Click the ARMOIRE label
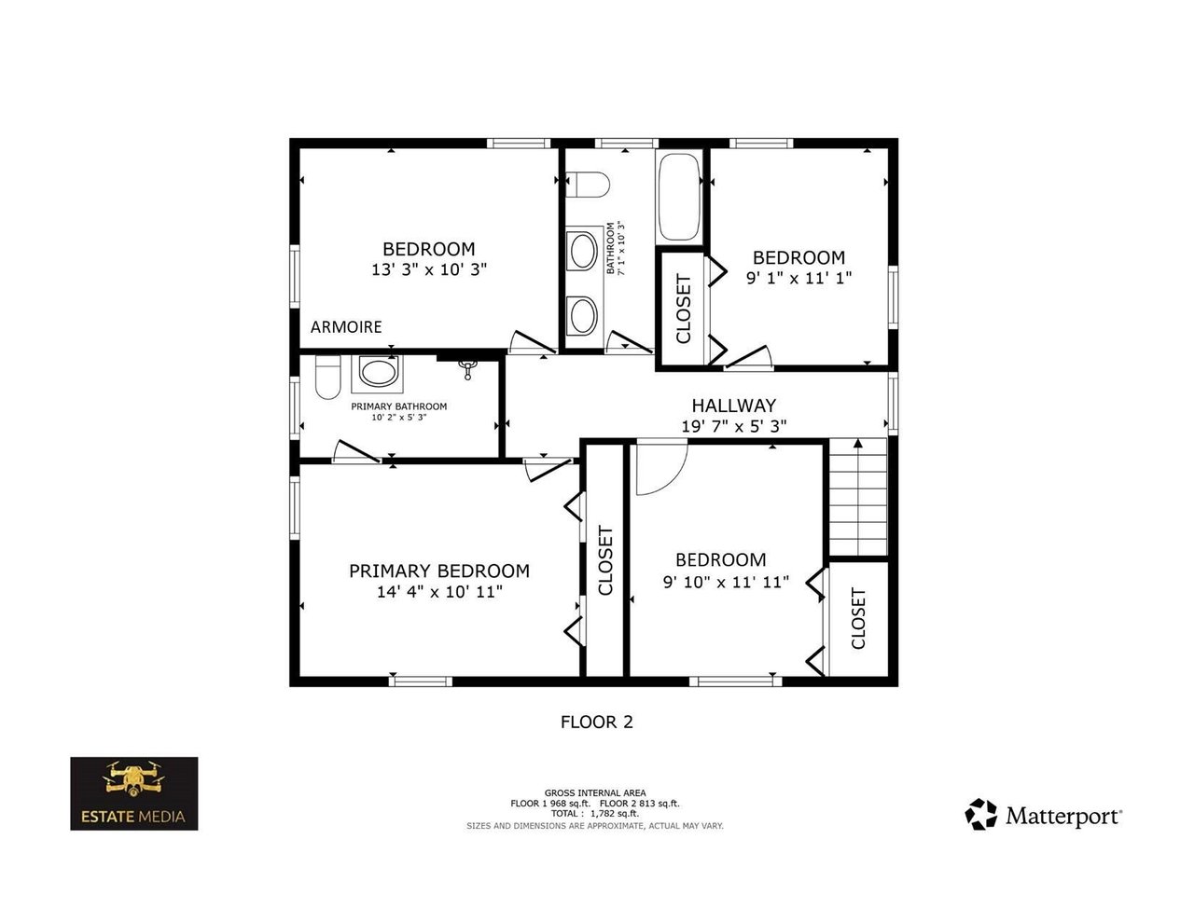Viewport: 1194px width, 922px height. (346, 327)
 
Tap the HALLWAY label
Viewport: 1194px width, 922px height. (733, 406)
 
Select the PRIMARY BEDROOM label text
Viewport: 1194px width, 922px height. (439, 571)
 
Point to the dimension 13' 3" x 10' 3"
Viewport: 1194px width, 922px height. (429, 269)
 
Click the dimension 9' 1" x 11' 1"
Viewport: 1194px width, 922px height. (798, 278)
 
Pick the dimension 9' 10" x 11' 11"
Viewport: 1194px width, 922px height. (726, 582)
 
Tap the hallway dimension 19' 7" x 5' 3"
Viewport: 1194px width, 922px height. (734, 426)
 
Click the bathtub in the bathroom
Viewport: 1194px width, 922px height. (679, 197)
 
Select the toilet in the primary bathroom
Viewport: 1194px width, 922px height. (328, 377)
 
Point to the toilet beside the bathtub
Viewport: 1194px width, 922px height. (588, 184)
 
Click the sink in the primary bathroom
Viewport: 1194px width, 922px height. (377, 372)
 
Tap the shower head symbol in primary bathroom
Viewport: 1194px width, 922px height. (467, 370)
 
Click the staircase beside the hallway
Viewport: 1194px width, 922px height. (857, 497)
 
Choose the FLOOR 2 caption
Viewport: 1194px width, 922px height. (597, 722)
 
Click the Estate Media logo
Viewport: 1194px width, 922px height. (134, 793)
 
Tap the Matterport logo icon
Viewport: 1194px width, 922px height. (980, 814)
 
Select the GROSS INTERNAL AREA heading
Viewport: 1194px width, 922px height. (595, 792)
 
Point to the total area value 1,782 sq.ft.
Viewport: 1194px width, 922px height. (614, 813)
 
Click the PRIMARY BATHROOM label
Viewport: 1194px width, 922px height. (399, 406)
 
